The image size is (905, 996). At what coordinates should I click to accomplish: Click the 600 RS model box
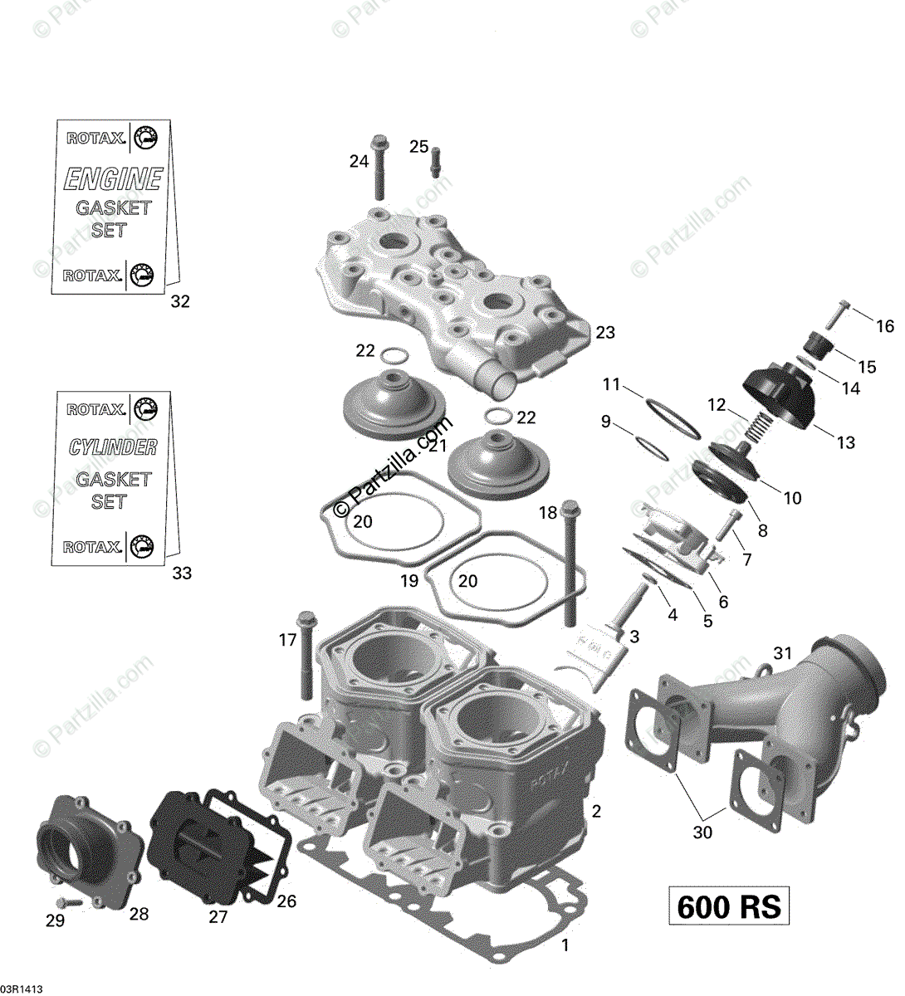pyautogui.click(x=729, y=906)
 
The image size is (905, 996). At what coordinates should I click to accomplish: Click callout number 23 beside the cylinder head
pyautogui.click(x=605, y=332)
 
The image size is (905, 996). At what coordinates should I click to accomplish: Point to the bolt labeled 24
pyautogui.click(x=379, y=166)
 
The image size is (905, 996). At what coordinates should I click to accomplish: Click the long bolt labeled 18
pyautogui.click(x=570, y=564)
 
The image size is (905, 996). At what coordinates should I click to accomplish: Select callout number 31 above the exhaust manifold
pyautogui.click(x=783, y=653)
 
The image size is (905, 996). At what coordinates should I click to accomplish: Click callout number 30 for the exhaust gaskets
pyautogui.click(x=702, y=832)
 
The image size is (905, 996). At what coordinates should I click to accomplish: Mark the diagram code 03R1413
pyautogui.click(x=22, y=989)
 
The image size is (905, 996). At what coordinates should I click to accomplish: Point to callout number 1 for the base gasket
pyautogui.click(x=565, y=945)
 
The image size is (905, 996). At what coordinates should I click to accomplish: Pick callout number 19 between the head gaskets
pyautogui.click(x=409, y=581)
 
